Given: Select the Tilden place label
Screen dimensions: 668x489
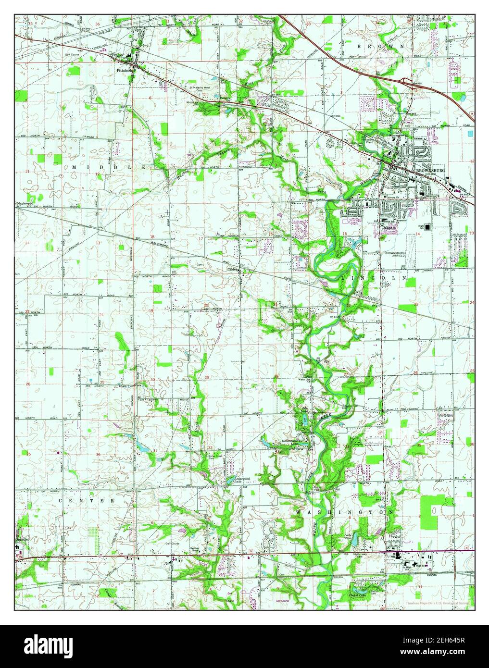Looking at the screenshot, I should click(233, 270).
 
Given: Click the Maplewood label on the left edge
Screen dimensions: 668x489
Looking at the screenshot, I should click(27, 203).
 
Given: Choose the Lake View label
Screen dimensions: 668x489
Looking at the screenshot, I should click(350, 536).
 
